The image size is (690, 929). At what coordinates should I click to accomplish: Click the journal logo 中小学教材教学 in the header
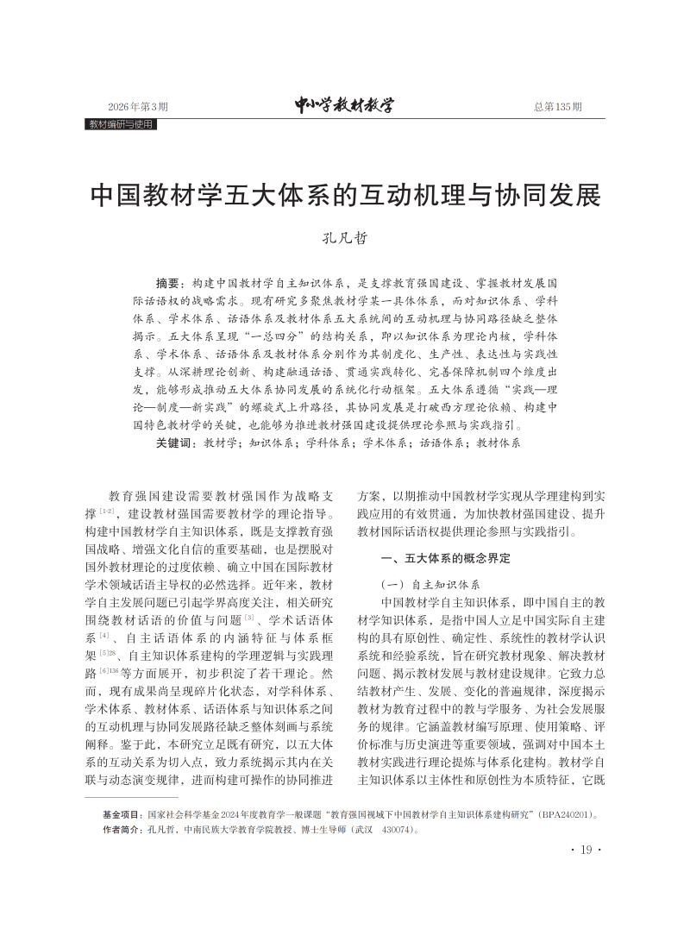pyautogui.click(x=343, y=106)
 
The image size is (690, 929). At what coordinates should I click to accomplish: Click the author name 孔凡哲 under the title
pyautogui.click(x=344, y=239)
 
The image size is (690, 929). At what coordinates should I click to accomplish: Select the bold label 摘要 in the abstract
pyautogui.click(x=169, y=282)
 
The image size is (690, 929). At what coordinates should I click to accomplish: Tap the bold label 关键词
pyautogui.click(x=174, y=442)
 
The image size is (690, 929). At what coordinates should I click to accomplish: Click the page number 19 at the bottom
pyautogui.click(x=586, y=851)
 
